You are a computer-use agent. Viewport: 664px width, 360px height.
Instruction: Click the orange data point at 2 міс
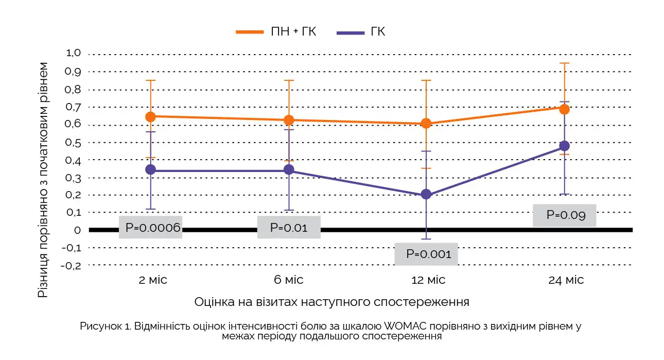click(x=150, y=117)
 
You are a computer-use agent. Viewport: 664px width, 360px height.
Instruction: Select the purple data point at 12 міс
click(x=426, y=194)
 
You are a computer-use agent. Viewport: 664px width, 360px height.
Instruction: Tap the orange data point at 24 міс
click(x=564, y=109)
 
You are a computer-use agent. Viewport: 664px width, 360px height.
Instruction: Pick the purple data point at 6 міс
click(x=289, y=169)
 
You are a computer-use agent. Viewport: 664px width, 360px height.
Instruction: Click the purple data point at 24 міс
click(x=564, y=146)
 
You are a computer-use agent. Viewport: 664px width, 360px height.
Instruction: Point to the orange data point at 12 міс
click(x=426, y=124)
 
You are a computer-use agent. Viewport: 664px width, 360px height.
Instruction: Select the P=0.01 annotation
click(x=289, y=228)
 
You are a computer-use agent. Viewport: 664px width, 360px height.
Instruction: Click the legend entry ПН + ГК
click(x=276, y=32)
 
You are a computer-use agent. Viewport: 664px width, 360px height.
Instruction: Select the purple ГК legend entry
click(x=361, y=32)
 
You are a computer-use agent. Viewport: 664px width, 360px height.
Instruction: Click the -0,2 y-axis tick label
click(x=71, y=265)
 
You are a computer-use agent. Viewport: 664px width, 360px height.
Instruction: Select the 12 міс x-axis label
click(x=426, y=280)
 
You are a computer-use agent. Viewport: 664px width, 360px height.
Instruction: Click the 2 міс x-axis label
click(x=153, y=280)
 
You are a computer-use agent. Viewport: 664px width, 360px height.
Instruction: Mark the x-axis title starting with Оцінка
click(x=331, y=302)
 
